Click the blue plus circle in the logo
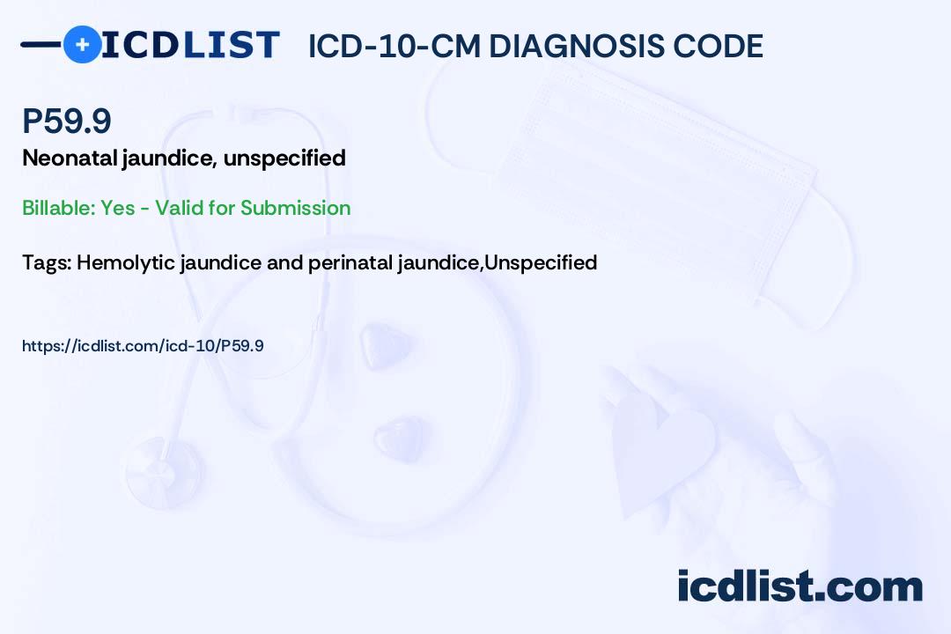[82, 44]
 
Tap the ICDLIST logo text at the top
[190, 45]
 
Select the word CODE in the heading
[725, 46]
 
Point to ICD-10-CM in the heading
[394, 46]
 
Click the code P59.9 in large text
[67, 122]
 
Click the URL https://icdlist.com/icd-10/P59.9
[143, 346]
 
